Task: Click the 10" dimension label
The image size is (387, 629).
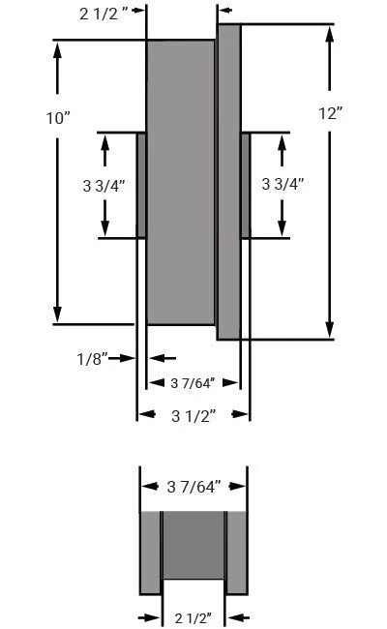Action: pos(58,118)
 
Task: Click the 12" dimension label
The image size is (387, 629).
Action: pos(331,113)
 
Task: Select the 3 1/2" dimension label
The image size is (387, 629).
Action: pos(193,416)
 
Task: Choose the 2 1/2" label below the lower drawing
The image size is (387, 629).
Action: pos(193,616)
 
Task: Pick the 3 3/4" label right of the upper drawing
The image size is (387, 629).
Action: pos(283,184)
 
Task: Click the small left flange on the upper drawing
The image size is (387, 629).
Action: pos(141,185)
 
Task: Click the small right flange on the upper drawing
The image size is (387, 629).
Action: pos(245,185)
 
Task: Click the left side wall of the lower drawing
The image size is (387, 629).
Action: pos(151,552)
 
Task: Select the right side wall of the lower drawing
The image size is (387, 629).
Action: pos(237,552)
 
